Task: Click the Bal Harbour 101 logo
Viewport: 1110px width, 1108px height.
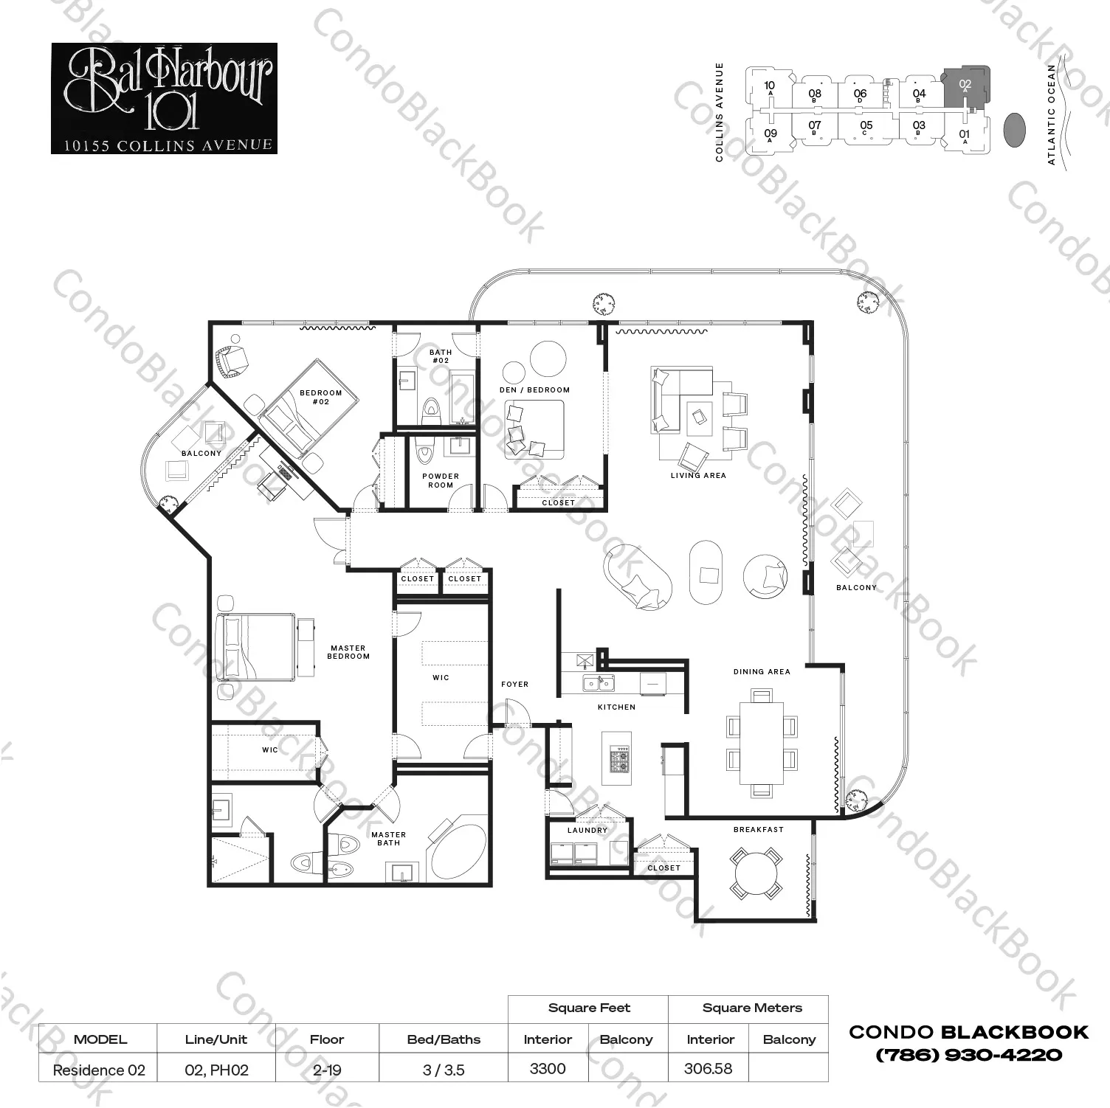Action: pos(164,98)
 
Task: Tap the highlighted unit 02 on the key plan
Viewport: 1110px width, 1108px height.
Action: pos(965,88)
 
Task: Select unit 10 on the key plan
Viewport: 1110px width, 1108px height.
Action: pos(769,89)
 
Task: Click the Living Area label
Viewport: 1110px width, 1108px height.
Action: pos(698,476)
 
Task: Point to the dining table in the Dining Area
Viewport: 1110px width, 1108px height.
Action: pos(762,743)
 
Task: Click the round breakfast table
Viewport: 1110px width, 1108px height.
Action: pos(755,873)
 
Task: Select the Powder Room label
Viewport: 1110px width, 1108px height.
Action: pos(441,480)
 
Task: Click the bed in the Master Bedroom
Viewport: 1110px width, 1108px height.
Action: pos(255,646)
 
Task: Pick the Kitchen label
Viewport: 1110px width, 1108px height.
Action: pos(616,707)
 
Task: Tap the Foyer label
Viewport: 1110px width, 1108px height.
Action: pos(515,684)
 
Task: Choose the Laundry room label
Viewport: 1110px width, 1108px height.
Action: pos(587,830)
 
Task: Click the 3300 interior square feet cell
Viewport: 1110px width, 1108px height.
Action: pos(548,1069)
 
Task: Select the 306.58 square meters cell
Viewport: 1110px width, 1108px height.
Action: pos(709,1069)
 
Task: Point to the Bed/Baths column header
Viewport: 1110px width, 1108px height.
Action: pos(444,1039)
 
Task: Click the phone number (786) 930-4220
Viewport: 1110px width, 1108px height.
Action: pos(968,1055)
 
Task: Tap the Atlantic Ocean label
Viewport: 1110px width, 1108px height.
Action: pos(1052,114)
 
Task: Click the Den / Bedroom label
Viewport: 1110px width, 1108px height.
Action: pos(534,389)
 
